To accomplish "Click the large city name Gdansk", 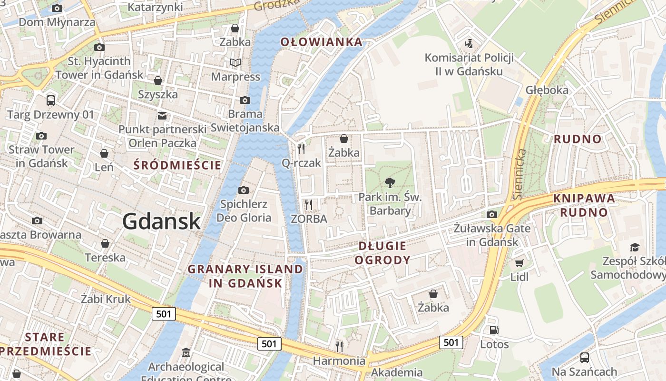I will point(161,221).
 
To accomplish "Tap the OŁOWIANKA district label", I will point(321,42).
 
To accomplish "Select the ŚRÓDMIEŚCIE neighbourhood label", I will point(177,165).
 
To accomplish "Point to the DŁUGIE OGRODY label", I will point(382,253).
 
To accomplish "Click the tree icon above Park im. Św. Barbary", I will point(390,183).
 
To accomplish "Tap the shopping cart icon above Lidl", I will point(519,263).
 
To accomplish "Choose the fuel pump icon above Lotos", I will point(494,330).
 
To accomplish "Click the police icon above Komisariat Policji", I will point(469,44).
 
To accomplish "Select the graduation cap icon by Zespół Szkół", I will point(635,247).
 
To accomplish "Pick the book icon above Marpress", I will point(235,62).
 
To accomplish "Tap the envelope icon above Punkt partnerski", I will point(162,116).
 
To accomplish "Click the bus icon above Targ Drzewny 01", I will point(51,100).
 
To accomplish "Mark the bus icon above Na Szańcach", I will point(584,357).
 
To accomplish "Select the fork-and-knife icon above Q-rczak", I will point(301,149).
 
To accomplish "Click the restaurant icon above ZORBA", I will point(309,205).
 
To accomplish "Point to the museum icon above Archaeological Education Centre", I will point(186,353).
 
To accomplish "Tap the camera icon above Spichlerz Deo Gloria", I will point(243,190).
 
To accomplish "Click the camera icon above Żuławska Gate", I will point(492,214).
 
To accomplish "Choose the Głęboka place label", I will point(547,90).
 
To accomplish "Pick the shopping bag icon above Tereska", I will point(105,244).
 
